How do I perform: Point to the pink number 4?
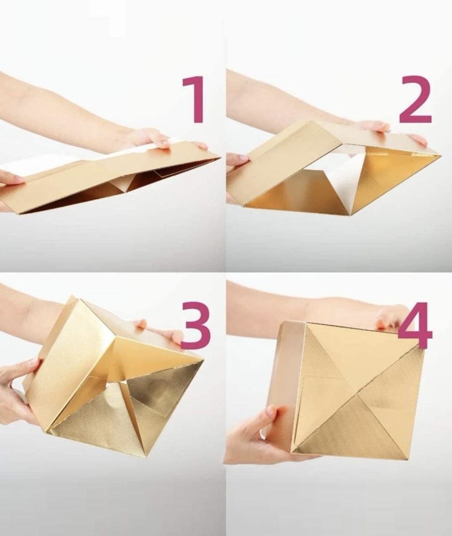point(415,326)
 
